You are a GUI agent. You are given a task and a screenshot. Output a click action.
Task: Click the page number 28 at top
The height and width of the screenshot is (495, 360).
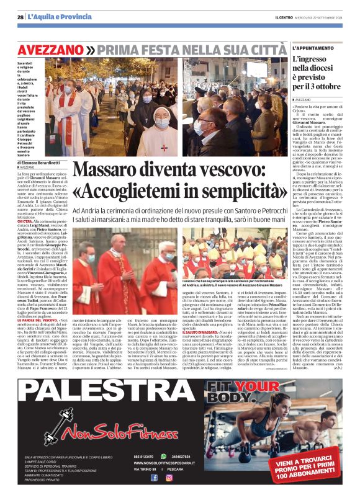20,17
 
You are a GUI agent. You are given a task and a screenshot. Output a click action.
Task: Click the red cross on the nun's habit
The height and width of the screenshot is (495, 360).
163,148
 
